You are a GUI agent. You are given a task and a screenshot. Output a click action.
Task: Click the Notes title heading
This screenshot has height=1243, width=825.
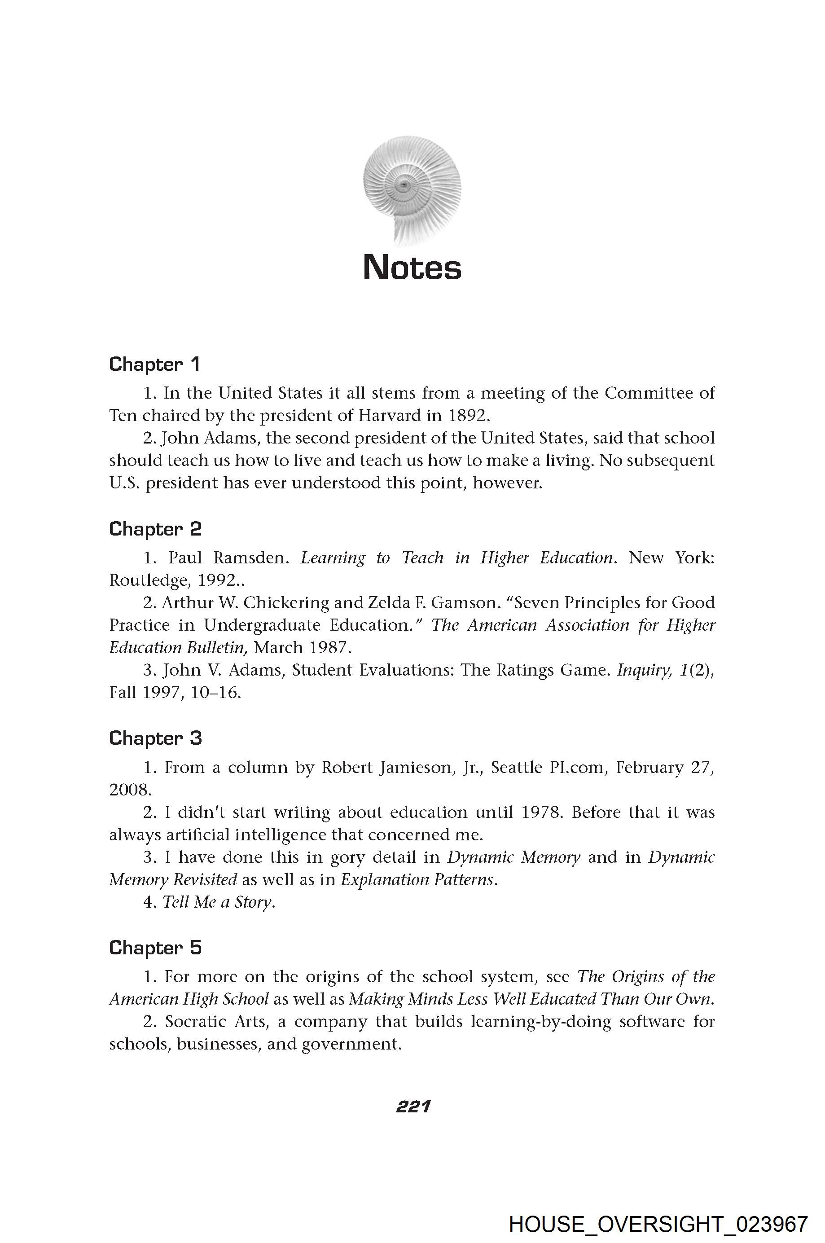point(412,268)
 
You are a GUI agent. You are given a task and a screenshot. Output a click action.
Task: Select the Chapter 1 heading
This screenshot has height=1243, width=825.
point(155,364)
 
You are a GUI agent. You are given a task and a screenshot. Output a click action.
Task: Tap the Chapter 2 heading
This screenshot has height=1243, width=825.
point(155,529)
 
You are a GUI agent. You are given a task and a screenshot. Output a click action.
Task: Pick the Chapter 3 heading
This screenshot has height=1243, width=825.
point(155,738)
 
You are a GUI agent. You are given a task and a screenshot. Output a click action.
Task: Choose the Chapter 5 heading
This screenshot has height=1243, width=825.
point(155,948)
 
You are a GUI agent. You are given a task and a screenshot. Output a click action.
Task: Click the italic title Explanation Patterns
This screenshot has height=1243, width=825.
point(418,879)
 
